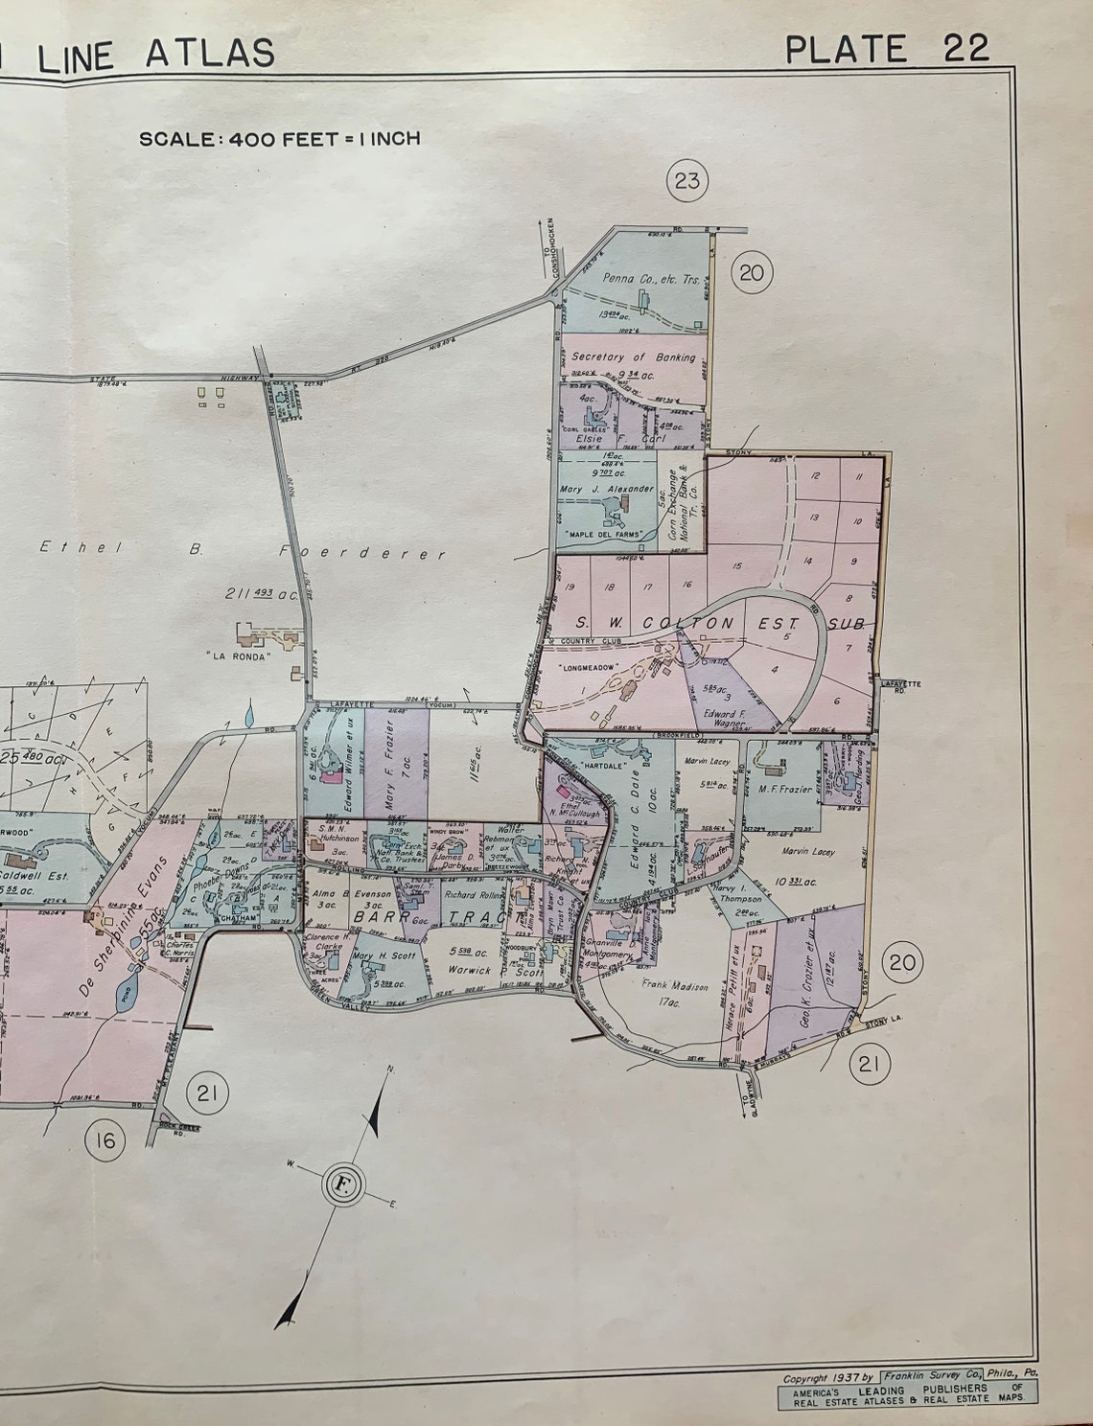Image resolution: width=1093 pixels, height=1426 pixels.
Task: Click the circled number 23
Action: pos(687,179)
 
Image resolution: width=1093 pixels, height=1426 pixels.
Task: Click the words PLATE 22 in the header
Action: pos(886,48)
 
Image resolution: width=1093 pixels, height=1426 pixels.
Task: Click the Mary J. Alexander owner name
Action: pos(609,489)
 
